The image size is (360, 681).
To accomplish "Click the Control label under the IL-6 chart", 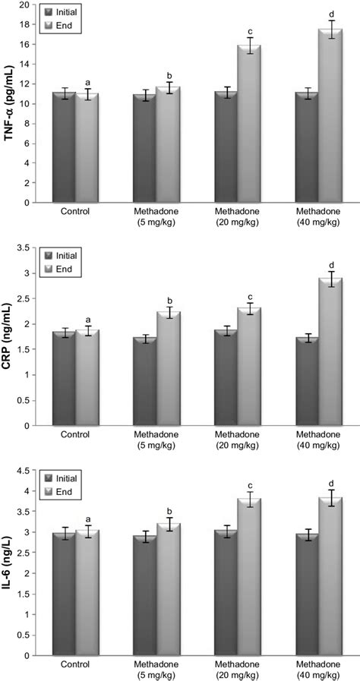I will tap(76, 664).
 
